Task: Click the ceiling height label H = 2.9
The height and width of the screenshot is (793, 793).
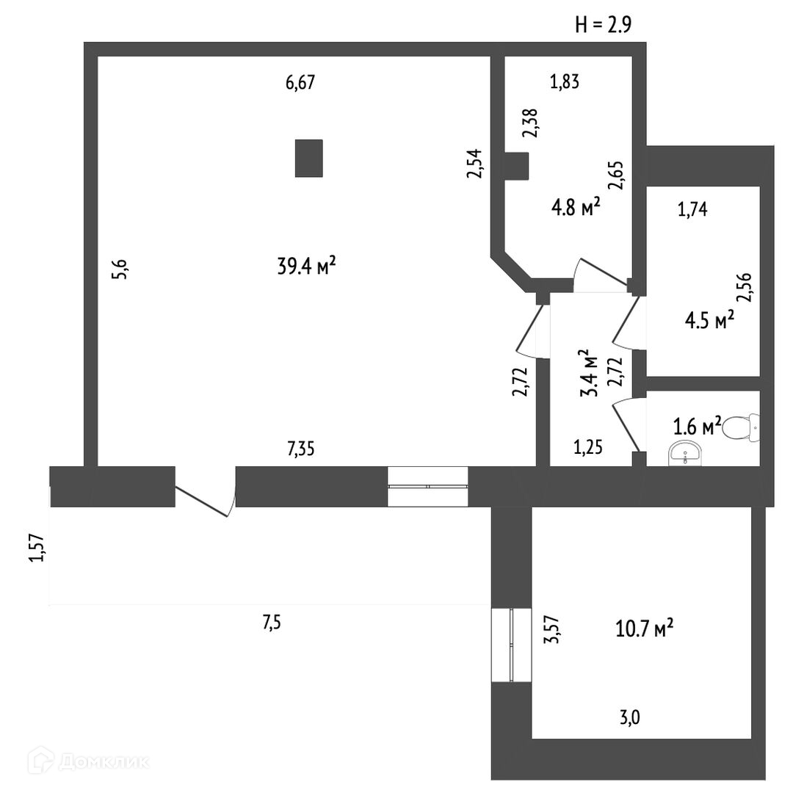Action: (x=603, y=25)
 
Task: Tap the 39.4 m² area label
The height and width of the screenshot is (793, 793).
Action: (x=307, y=266)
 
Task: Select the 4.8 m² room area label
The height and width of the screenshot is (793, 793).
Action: (x=576, y=209)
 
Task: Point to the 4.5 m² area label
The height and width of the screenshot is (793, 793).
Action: (x=709, y=321)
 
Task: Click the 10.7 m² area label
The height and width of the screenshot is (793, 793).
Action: (x=644, y=629)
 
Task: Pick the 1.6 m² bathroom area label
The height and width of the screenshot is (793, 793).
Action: (x=697, y=427)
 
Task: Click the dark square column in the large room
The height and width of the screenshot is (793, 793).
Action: (x=309, y=158)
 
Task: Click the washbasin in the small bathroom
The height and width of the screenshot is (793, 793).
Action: (x=686, y=457)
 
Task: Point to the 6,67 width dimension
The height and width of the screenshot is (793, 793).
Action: (x=300, y=83)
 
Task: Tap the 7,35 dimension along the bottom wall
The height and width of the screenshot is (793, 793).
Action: (x=300, y=449)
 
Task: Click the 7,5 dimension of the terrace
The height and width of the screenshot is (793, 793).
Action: (x=271, y=623)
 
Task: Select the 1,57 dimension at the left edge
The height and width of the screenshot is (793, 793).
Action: (x=37, y=548)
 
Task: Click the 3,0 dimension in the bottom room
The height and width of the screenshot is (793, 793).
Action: (x=630, y=717)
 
